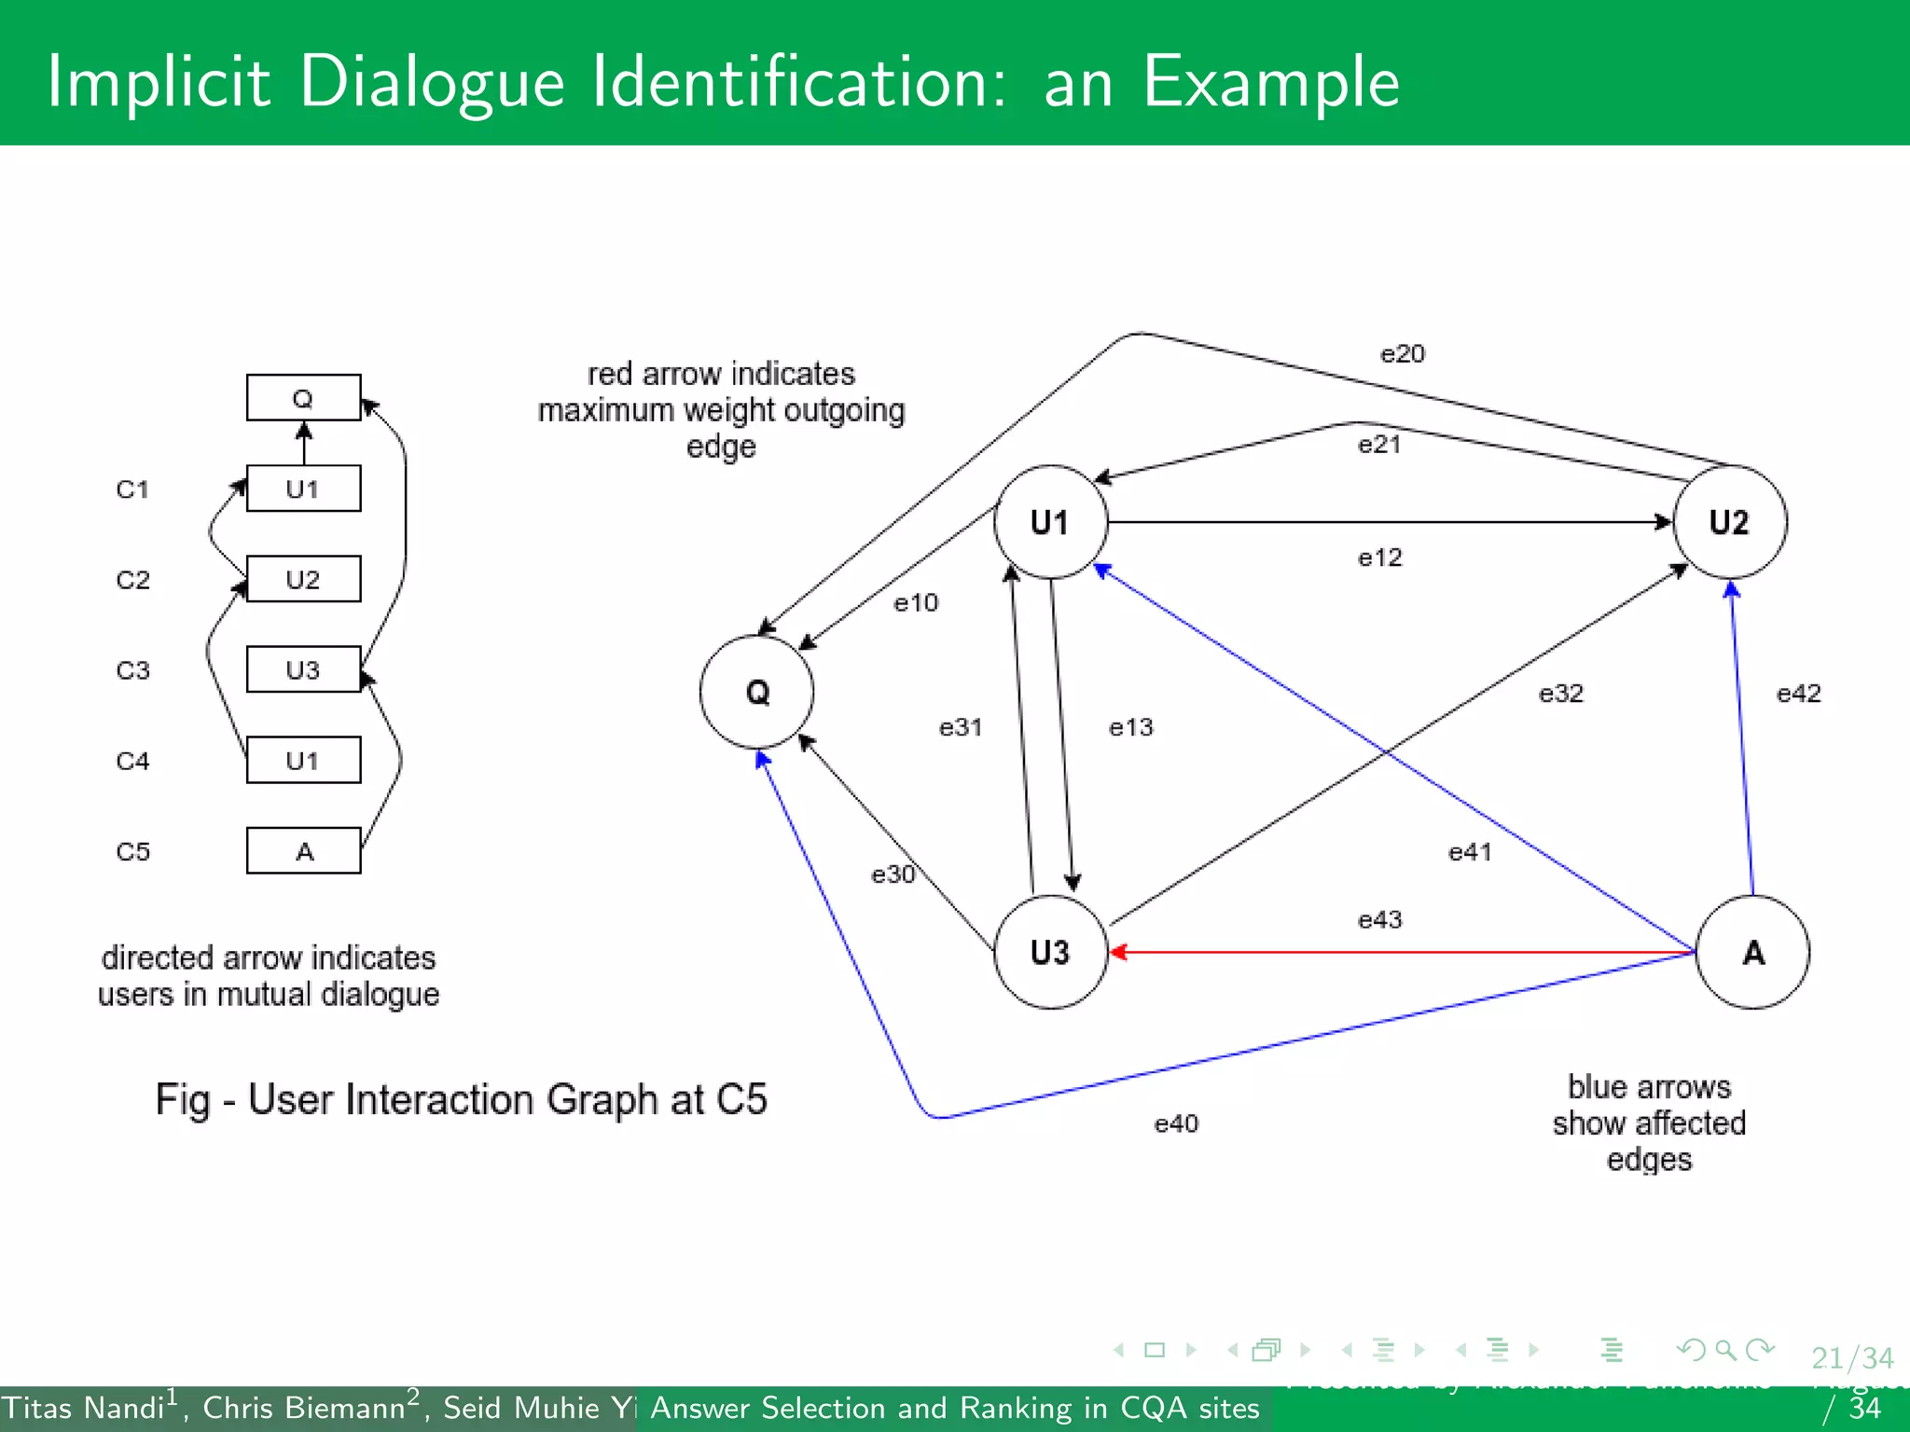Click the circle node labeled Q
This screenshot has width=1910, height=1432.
756,692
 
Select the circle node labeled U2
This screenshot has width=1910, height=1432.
1729,522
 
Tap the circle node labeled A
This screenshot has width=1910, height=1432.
1752,952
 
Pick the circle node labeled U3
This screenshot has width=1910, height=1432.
1050,952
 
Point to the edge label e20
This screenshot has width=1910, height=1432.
1402,354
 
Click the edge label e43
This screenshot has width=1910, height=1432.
1379,920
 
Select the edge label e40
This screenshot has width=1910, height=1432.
1176,1123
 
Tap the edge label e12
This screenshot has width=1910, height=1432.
1379,558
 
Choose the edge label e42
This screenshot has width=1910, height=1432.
1798,694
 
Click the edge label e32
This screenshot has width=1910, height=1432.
1560,694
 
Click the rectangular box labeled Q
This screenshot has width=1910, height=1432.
303,398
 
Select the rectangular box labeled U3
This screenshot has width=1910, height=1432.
303,669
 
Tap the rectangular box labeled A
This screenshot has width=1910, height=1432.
303,850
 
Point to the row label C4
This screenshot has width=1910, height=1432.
132,761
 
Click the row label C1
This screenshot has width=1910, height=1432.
132,489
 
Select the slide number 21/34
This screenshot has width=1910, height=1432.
1851,1357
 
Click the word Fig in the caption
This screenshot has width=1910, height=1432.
183,1100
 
